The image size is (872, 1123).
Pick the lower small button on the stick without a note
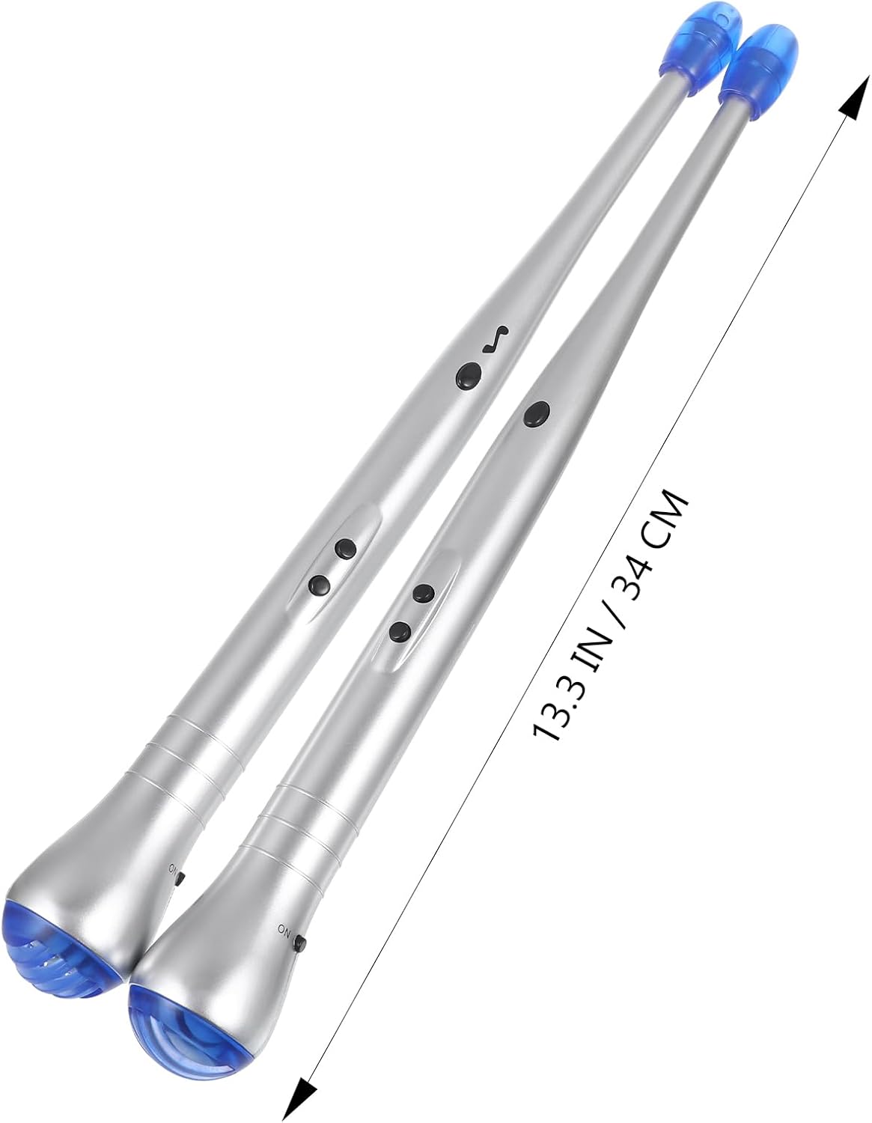tap(400, 631)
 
